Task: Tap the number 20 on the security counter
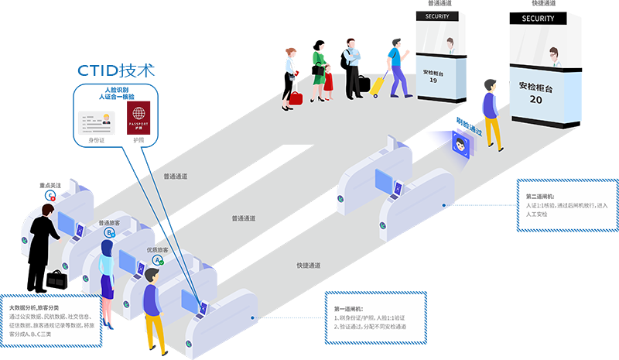[536, 100]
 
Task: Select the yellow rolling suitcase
[379, 84]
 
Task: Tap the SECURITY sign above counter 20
[539, 19]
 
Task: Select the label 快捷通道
[309, 266]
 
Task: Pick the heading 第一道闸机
[350, 307]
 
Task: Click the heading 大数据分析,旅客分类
[36, 308]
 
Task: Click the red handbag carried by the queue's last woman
[296, 98]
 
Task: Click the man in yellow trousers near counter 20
[491, 116]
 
